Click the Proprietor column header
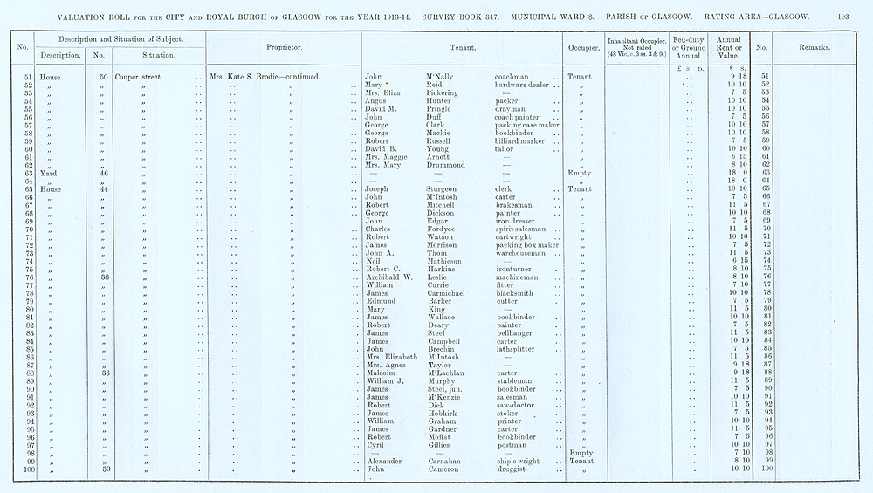pos(284,46)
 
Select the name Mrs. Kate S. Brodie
pos(240,77)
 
